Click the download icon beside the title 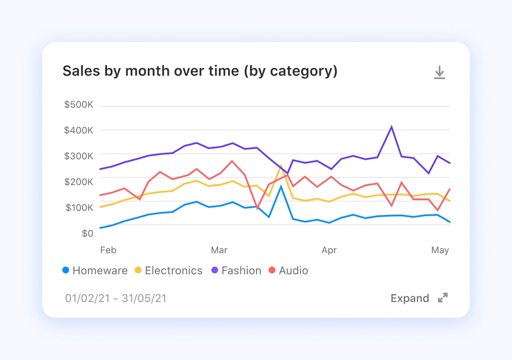tap(439, 72)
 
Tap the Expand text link tap(410, 298)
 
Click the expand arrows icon tap(443, 298)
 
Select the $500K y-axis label tap(79, 105)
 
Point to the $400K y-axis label tap(79, 131)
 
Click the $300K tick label tap(79, 156)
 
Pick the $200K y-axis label tap(79, 182)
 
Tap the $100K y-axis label tap(79, 208)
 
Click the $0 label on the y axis tap(86, 233)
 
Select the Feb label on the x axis tap(108, 250)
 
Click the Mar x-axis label tap(219, 250)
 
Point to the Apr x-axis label tap(329, 250)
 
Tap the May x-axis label tap(440, 250)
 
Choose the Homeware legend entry tap(95, 271)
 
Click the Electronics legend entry tap(168, 271)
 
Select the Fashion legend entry tap(236, 271)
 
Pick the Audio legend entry tap(288, 271)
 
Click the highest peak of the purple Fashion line tap(391, 126)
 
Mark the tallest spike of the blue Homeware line tap(280, 186)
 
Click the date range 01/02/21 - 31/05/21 tap(115, 298)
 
